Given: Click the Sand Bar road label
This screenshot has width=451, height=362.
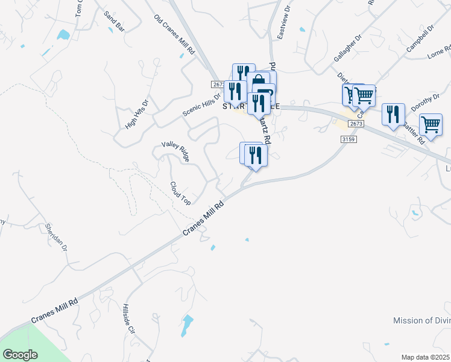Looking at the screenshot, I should (114, 21).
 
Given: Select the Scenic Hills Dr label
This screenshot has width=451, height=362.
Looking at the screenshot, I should (203, 106).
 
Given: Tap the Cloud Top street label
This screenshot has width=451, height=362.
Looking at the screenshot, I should (180, 193).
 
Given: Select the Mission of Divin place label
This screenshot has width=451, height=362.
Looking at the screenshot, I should (421, 320).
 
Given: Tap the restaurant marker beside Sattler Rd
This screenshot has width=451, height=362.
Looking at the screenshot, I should (392, 115).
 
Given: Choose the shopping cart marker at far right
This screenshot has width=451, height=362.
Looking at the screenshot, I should (430, 124).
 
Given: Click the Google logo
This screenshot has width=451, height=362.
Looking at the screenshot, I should (20, 355).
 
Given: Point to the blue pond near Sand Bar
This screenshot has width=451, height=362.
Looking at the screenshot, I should (63, 34).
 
